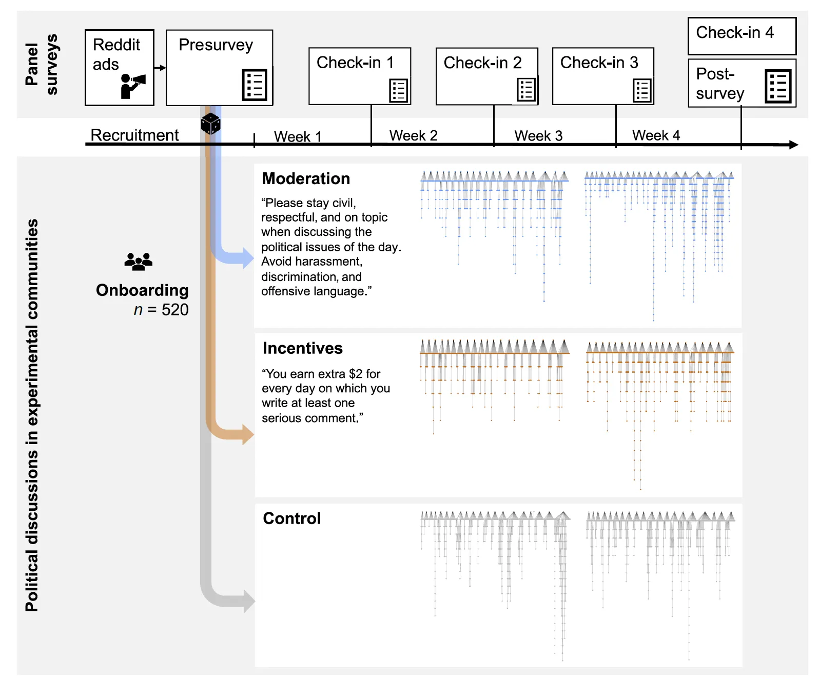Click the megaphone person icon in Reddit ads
click(x=132, y=86)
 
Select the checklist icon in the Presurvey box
click(x=254, y=85)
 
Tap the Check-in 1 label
click(x=355, y=63)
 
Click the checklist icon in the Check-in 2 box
click(x=525, y=89)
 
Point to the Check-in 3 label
click(x=598, y=63)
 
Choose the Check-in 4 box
click(x=741, y=36)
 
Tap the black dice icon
click(x=210, y=124)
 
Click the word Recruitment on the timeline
click(x=134, y=135)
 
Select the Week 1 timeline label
click(x=297, y=136)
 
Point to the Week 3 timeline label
click(x=538, y=136)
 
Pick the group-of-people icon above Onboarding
click(x=138, y=261)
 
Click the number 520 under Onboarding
click(x=174, y=309)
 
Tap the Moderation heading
click(x=305, y=178)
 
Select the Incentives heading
click(x=302, y=348)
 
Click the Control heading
click(x=291, y=518)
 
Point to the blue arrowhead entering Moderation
click(x=248, y=257)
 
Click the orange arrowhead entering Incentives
click(x=248, y=434)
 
